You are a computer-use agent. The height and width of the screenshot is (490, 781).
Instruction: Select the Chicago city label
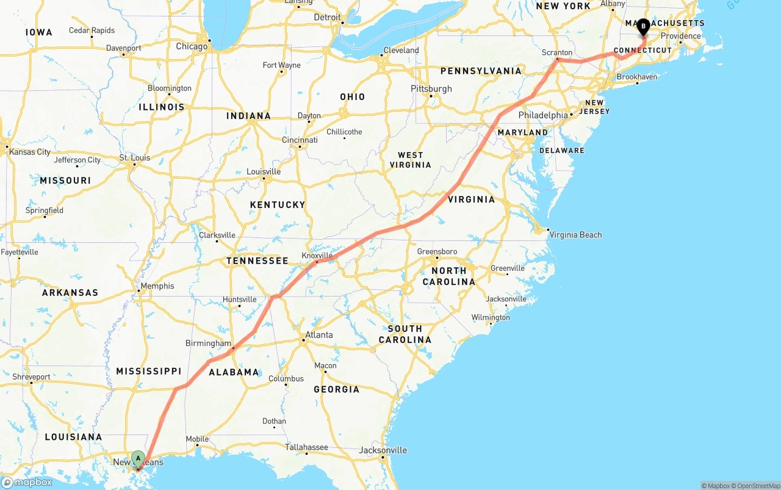point(192,46)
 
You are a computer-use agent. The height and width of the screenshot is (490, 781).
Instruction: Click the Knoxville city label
point(317,256)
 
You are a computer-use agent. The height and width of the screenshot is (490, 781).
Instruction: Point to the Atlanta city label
point(319,334)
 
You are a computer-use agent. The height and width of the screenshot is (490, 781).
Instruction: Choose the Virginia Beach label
point(575,234)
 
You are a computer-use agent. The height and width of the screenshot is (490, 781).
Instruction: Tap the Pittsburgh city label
point(431,88)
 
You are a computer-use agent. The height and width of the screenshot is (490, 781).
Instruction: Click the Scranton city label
point(557,52)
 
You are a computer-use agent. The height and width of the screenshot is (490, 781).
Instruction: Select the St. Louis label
point(135,157)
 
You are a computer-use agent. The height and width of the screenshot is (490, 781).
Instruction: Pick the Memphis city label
point(157,286)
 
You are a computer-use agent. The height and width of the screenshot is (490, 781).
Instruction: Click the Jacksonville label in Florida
point(383,450)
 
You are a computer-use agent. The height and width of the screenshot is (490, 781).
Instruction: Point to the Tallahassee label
point(307,447)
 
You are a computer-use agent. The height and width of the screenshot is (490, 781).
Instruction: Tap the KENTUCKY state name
point(278,204)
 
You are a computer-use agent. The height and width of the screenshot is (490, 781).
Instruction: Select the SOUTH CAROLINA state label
point(405,334)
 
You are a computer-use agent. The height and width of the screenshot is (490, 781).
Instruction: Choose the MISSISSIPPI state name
point(149,371)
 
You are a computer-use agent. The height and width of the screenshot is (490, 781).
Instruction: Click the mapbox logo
point(27,482)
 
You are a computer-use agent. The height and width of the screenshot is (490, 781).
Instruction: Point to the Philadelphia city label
point(543,115)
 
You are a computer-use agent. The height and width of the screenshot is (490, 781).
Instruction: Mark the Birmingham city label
point(208,343)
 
